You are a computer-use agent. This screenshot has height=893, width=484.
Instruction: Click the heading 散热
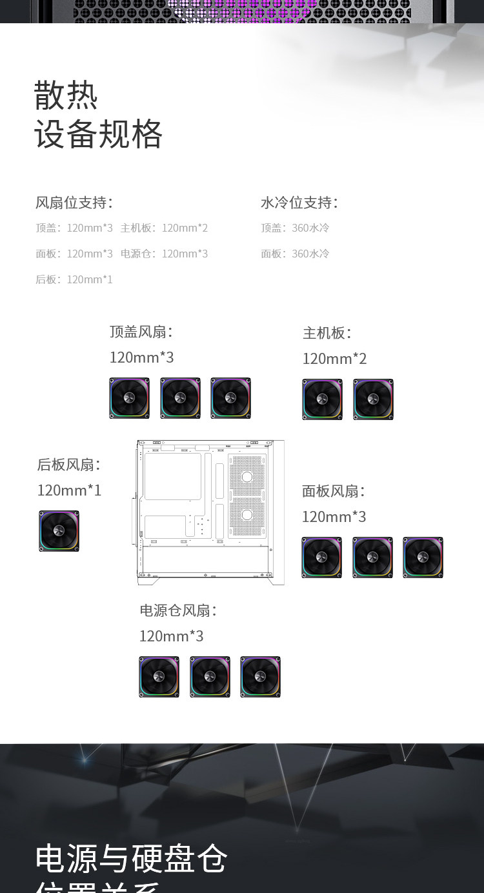pos(66,95)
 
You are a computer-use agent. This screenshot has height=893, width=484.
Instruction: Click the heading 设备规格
pos(98,134)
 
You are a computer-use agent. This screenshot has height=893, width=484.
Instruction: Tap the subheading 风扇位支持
pos(74,203)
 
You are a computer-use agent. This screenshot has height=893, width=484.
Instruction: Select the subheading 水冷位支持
pos(299,203)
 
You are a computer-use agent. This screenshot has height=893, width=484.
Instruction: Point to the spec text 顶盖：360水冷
pos(295,228)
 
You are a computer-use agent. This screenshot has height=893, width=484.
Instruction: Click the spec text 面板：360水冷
pos(295,254)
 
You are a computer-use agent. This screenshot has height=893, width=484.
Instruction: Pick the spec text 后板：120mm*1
pos(74,279)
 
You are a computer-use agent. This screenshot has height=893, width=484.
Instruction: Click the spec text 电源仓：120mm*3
pos(165,254)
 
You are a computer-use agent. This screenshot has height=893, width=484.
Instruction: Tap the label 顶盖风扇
pos(141,332)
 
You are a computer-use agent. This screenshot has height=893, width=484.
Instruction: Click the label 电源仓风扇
pos(178,610)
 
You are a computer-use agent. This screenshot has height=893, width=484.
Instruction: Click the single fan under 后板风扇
pos(59,531)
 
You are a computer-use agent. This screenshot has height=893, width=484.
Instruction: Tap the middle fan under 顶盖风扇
pos(180,398)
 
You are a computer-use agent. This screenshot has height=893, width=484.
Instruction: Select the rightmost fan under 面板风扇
pos(423,557)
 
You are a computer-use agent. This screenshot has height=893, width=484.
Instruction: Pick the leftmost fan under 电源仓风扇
pos(159,677)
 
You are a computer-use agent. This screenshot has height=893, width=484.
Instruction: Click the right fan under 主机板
pos(373,399)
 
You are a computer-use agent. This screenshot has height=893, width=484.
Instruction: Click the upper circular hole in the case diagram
pos(247,477)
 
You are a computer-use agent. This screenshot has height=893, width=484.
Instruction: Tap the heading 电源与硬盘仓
pos(132,858)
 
